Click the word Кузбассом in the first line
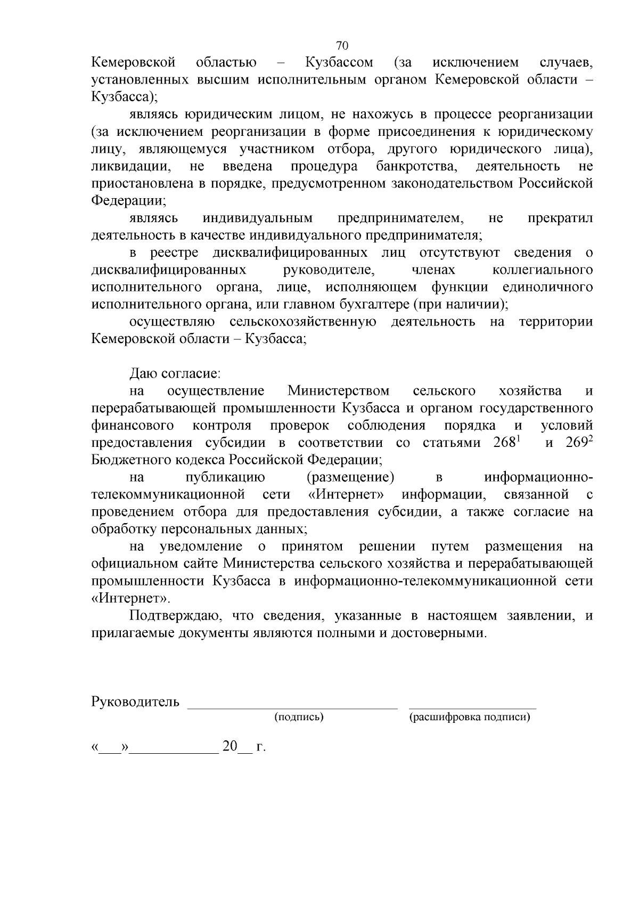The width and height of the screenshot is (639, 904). [x=339, y=63]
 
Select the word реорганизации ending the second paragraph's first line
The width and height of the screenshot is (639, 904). [x=545, y=115]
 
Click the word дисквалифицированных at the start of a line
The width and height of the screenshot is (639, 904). [x=169, y=270]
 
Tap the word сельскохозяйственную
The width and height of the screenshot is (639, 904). [x=303, y=322]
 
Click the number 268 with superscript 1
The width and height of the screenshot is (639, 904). [x=506, y=443]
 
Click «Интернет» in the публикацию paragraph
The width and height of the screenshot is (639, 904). [x=346, y=495]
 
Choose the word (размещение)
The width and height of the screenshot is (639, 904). [x=354, y=477]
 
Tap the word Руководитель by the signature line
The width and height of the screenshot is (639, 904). [x=135, y=702]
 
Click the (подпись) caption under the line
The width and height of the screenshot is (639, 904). [x=299, y=717]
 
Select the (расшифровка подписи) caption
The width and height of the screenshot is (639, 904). [x=470, y=717]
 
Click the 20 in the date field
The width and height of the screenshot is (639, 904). [x=230, y=746]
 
